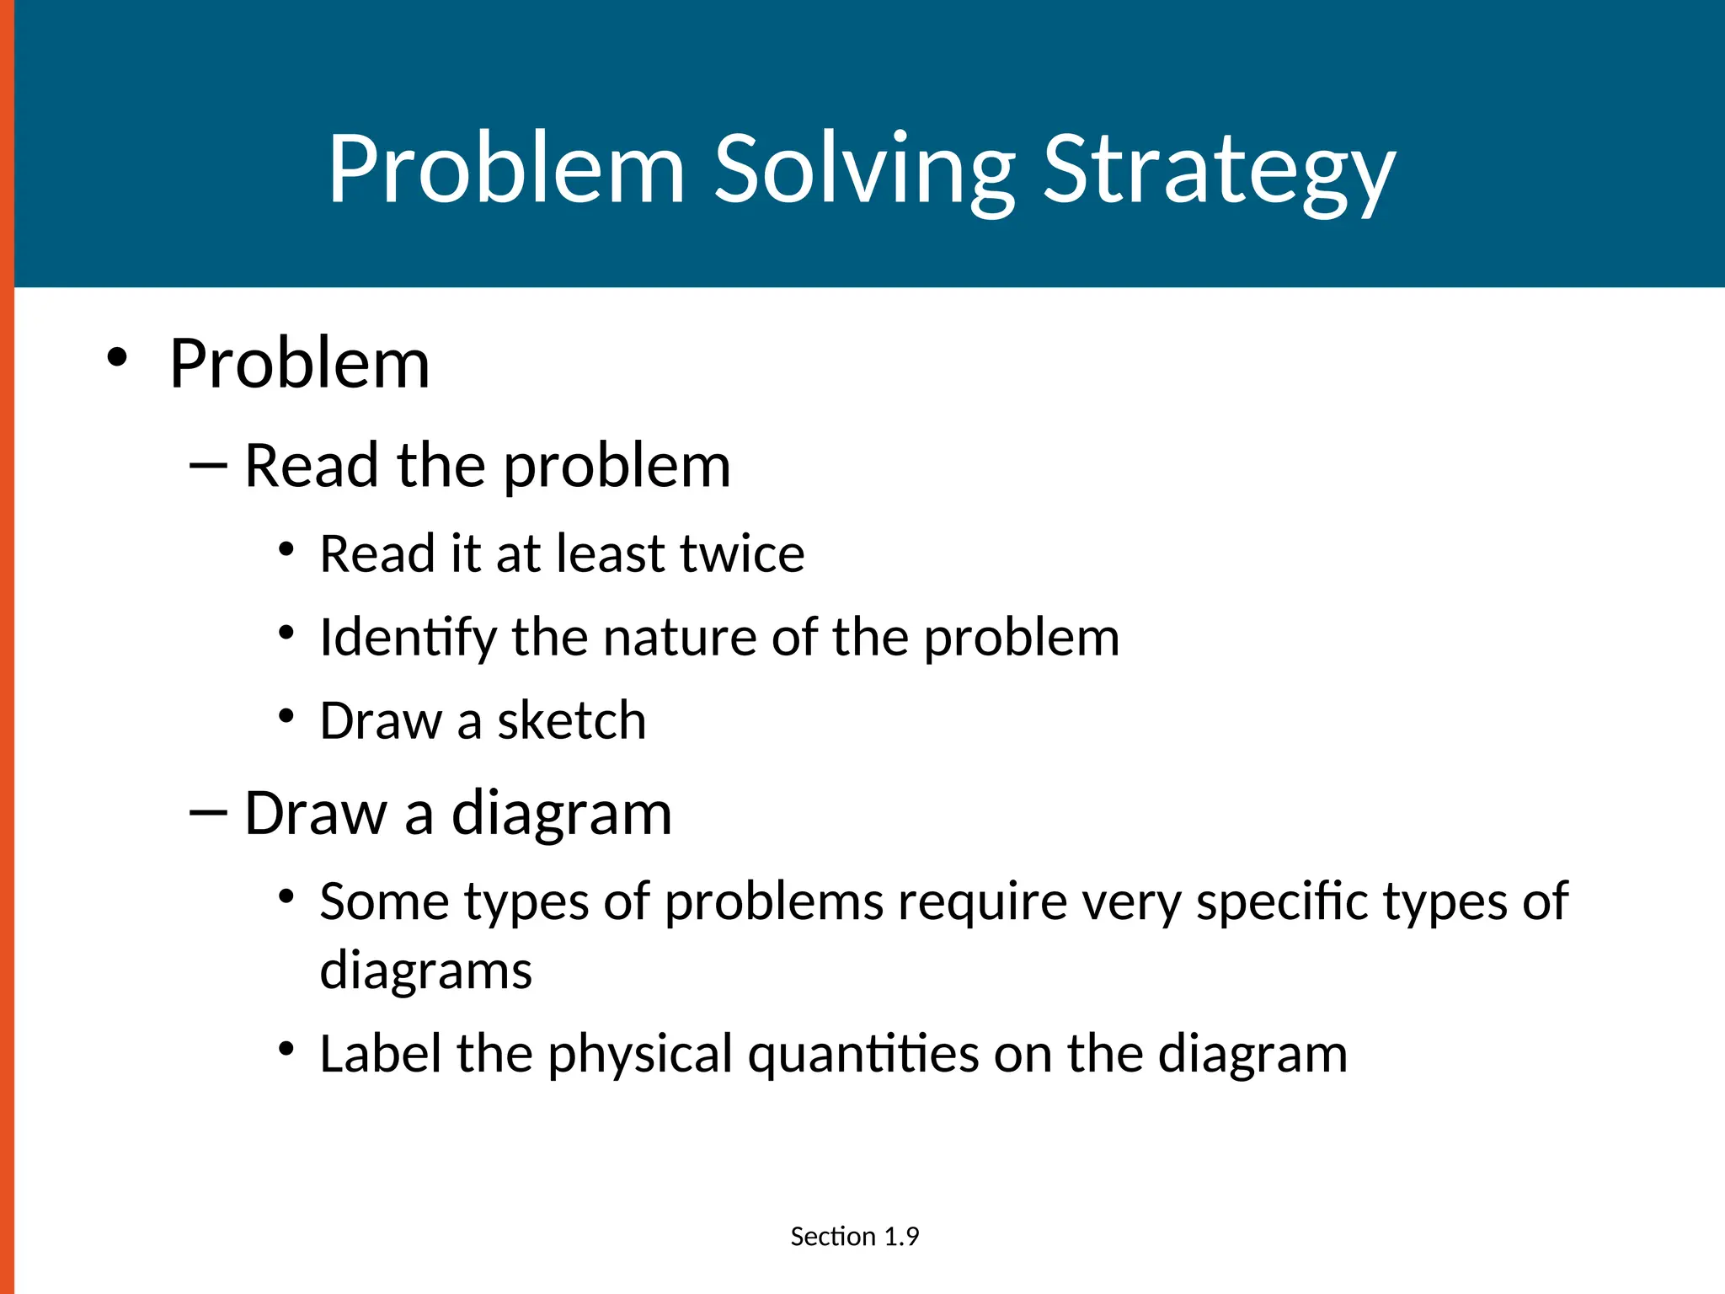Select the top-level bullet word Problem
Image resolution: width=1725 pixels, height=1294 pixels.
[x=299, y=364]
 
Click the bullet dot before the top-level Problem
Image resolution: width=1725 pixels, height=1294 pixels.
[x=117, y=357]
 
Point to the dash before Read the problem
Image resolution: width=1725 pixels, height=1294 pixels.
[x=209, y=465]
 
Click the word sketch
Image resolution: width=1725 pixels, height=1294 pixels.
[x=571, y=721]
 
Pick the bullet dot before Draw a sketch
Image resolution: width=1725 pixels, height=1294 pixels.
[x=286, y=716]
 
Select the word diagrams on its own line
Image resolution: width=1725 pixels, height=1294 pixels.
[x=425, y=970]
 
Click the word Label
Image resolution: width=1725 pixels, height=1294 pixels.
[x=381, y=1054]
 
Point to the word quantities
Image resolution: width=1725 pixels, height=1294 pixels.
[x=863, y=1056]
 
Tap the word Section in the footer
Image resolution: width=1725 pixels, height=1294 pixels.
[x=832, y=1237]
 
